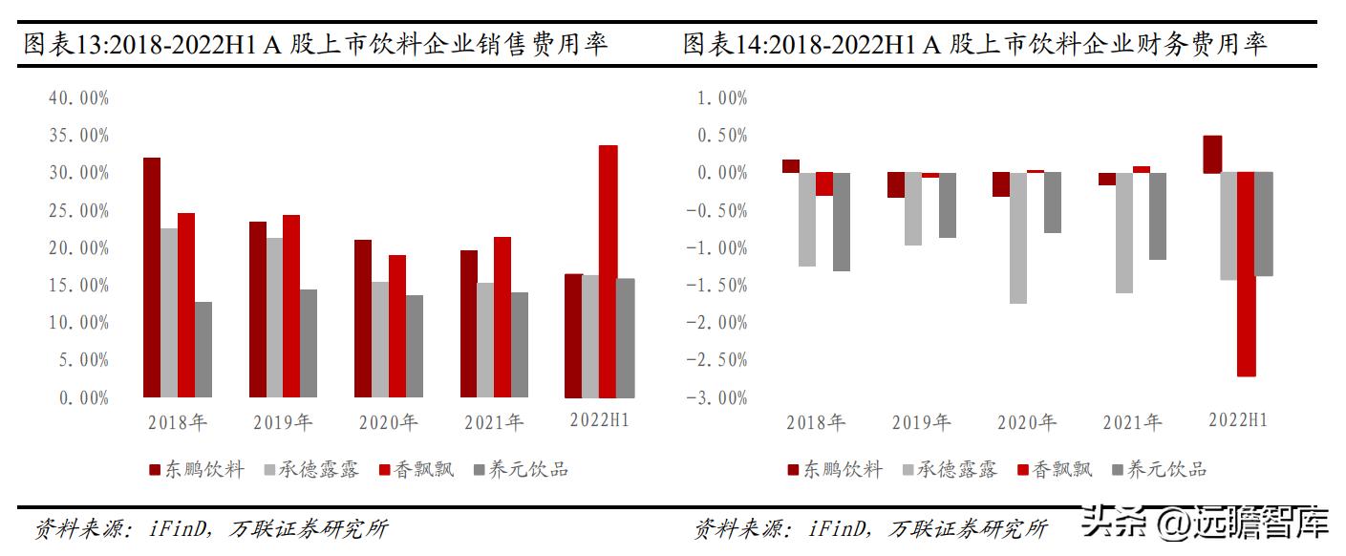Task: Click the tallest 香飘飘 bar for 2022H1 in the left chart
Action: click(608, 271)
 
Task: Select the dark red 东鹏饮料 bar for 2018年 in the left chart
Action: click(151, 277)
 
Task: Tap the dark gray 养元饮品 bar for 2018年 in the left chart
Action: click(203, 349)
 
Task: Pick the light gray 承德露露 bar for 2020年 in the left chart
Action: click(380, 339)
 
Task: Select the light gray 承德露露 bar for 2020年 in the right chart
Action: click(1018, 238)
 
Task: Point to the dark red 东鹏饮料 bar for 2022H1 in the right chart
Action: click(1211, 154)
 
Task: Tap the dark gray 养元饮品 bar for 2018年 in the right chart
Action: click(841, 222)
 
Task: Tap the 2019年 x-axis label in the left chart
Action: click(283, 421)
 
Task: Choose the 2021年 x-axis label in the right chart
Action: click(1132, 421)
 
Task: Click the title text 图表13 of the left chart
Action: click(62, 44)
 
